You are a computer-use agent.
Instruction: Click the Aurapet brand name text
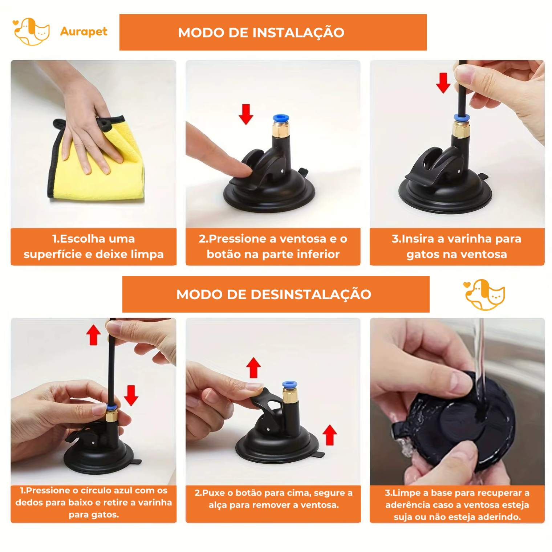pos(84,32)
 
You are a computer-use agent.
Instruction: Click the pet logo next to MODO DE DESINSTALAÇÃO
pos(485,295)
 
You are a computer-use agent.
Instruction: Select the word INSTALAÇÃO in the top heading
pos(298,32)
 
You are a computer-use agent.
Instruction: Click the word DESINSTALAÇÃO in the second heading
pos(311,294)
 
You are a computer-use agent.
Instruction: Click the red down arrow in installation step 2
pos(246,114)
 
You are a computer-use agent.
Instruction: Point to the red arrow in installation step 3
pos(443,83)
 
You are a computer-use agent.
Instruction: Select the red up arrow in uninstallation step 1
pos(94,335)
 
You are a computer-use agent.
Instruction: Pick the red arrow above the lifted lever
pos(253,368)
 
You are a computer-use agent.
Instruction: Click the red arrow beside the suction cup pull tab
pos(330,435)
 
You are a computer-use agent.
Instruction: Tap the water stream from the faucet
pos(479,367)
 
